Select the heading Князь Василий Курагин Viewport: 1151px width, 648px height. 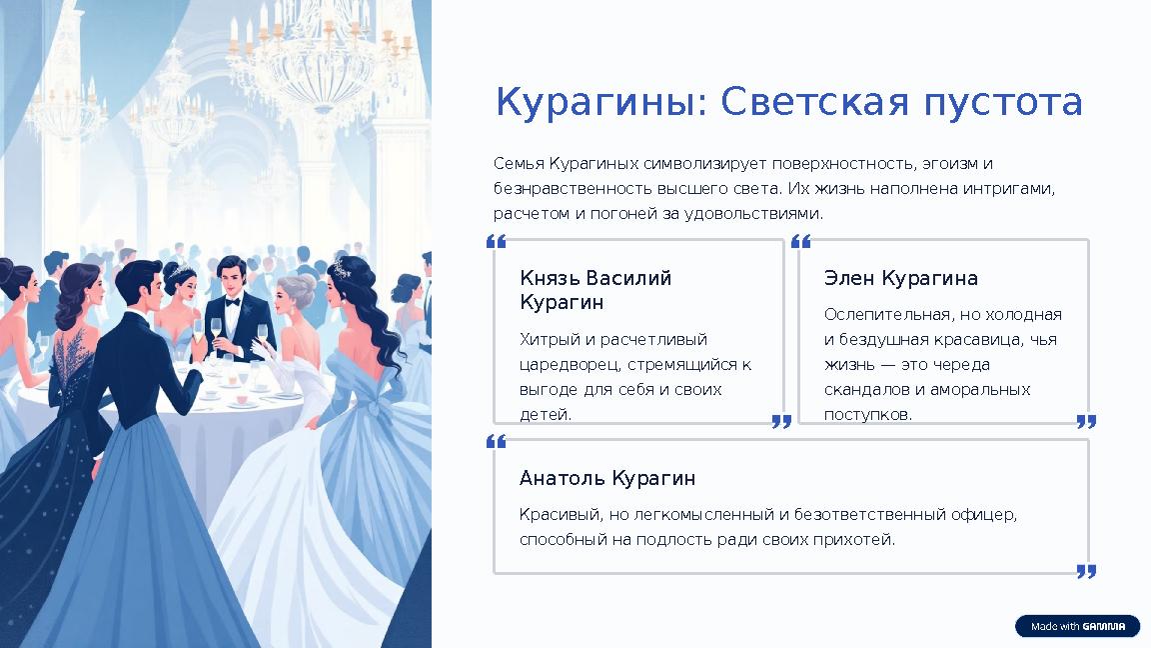[x=595, y=290]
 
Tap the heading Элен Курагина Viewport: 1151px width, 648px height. [x=900, y=278]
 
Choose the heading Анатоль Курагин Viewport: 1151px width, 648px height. [x=606, y=478]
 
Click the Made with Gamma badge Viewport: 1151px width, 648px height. [x=1077, y=626]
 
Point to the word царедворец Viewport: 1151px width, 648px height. [x=566, y=365]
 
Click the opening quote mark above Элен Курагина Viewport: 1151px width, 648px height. [x=800, y=242]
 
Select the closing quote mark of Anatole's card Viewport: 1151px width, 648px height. [x=1086, y=571]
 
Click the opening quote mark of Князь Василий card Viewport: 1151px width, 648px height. [x=496, y=242]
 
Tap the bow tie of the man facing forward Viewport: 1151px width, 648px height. [x=233, y=300]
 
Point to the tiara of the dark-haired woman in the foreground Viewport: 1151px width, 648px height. [x=343, y=268]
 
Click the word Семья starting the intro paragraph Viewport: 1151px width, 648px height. [x=518, y=163]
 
